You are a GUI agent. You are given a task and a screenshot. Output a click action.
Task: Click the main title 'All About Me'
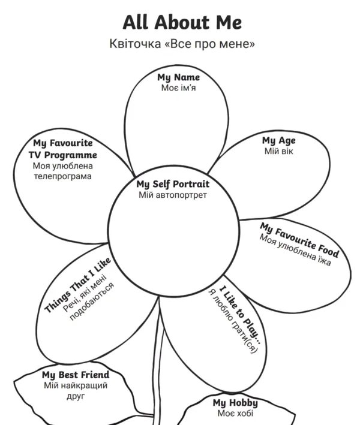(182, 23)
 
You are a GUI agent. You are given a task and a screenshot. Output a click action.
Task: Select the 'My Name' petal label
(179, 77)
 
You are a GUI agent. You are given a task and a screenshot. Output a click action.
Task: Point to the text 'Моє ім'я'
(179, 88)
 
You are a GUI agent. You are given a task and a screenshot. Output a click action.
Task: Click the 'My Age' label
(278, 140)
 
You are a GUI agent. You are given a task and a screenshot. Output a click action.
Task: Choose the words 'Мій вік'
(278, 151)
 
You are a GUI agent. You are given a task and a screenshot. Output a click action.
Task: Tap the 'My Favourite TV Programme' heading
(62, 149)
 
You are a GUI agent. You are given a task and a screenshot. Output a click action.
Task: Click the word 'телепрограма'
(62, 176)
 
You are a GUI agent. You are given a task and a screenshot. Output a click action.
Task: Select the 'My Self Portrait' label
(173, 184)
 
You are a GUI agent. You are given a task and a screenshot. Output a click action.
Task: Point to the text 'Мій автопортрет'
(173, 195)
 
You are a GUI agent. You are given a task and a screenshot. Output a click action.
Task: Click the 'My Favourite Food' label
(299, 240)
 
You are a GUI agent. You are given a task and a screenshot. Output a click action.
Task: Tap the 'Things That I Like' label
(78, 285)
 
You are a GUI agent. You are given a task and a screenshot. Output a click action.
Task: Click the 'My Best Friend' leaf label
(76, 375)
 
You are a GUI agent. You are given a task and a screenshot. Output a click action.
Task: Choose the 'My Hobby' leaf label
(236, 403)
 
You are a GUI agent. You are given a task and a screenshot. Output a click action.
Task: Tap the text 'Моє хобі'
(236, 414)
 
